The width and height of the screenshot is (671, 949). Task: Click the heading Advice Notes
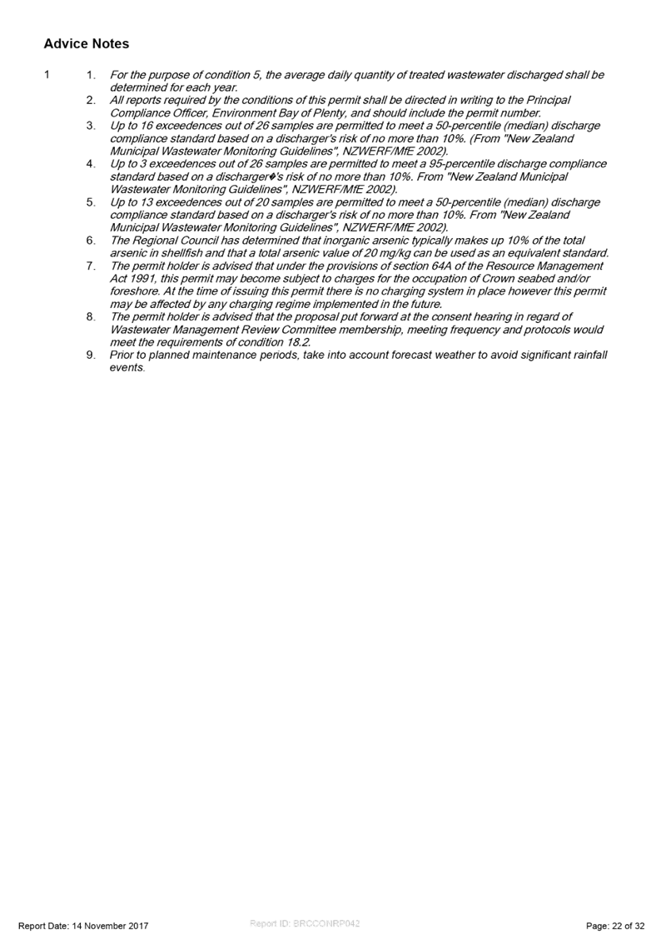tap(86, 43)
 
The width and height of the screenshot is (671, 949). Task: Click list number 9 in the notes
tap(91, 355)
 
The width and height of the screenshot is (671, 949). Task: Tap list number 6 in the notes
tap(91, 241)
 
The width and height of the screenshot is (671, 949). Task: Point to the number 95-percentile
tap(462, 164)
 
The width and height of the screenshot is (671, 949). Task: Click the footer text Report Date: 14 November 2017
tap(83, 926)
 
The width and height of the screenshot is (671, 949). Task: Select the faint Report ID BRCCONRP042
tap(305, 923)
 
